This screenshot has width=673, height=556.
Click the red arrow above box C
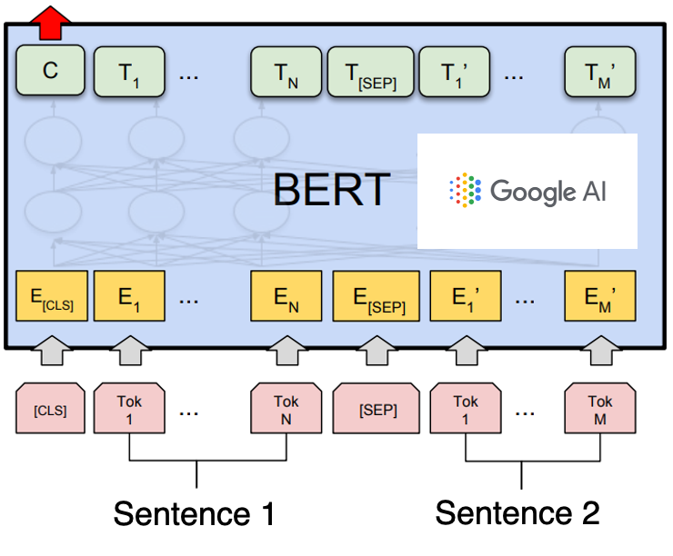pyautogui.click(x=55, y=21)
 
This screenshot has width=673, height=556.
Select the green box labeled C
pyautogui.click(x=51, y=71)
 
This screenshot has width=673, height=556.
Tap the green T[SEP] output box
pyautogui.click(x=370, y=72)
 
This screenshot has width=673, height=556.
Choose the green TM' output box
pyautogui.click(x=598, y=72)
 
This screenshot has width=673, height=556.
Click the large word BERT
pyautogui.click(x=331, y=190)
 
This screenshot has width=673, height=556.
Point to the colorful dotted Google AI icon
pyautogui.click(x=465, y=190)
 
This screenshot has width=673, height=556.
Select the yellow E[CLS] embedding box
pyautogui.click(x=52, y=295)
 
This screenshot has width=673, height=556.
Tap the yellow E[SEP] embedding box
pyautogui.click(x=377, y=295)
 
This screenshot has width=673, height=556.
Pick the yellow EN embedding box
pyautogui.click(x=286, y=295)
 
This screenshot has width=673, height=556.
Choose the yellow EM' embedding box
pyautogui.click(x=599, y=295)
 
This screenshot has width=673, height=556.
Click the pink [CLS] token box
pyautogui.click(x=51, y=409)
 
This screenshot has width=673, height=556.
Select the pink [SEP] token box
pyautogui.click(x=377, y=409)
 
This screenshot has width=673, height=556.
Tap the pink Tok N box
pyautogui.click(x=286, y=409)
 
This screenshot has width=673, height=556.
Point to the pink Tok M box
pyautogui.click(x=599, y=409)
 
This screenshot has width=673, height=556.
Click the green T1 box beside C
pyautogui.click(x=130, y=72)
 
